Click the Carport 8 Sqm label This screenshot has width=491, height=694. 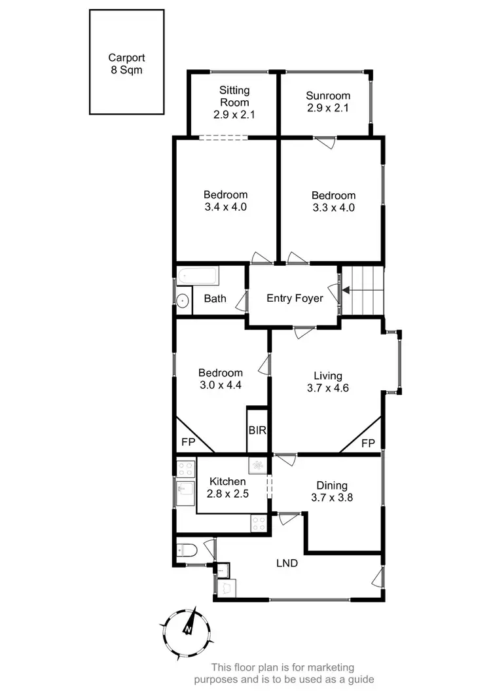pyautogui.click(x=126, y=64)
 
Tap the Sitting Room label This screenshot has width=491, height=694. pyautogui.click(x=234, y=102)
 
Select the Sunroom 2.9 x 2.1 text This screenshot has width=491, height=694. pyautogui.click(x=328, y=102)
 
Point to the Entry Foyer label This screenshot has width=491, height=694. pyautogui.click(x=295, y=299)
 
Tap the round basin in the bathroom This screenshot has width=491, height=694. pyautogui.click(x=183, y=301)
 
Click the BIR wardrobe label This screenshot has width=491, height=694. pyautogui.click(x=255, y=431)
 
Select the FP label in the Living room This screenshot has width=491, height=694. pyautogui.click(x=368, y=443)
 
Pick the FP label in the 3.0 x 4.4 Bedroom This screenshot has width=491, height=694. pyautogui.click(x=188, y=443)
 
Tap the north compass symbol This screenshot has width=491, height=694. pyautogui.click(x=188, y=629)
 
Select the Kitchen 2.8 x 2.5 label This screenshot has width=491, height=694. pyautogui.click(x=228, y=488)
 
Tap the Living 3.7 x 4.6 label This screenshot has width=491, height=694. pyautogui.click(x=327, y=382)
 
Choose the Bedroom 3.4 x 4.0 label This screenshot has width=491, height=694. pyautogui.click(x=225, y=200)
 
